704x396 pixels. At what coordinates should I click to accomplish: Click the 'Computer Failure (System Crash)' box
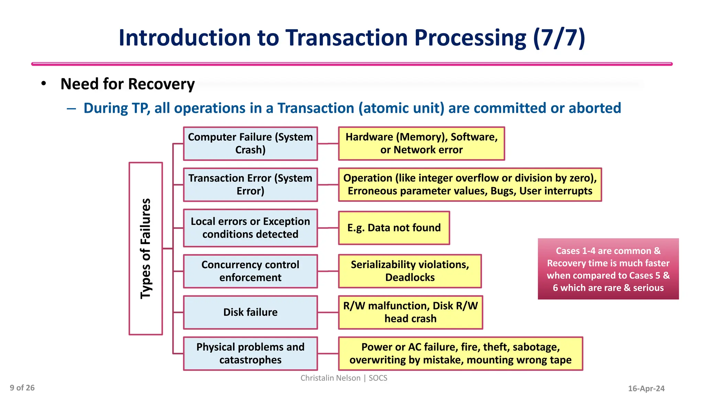point(250,143)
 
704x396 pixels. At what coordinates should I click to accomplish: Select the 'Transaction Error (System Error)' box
point(250,185)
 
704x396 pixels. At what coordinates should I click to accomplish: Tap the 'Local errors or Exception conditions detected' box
point(250,228)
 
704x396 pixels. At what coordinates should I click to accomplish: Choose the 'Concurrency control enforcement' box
point(250,271)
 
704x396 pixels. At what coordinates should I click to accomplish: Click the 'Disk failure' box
point(250,312)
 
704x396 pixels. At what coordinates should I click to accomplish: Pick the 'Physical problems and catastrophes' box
point(250,353)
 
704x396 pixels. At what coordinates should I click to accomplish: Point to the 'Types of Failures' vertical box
point(146,249)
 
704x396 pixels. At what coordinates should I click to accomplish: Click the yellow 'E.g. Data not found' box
point(394,228)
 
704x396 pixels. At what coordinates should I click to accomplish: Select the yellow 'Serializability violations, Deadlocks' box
point(410,271)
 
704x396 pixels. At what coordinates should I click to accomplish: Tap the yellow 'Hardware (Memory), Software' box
point(421,143)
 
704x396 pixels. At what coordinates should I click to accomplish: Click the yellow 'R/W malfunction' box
point(410,312)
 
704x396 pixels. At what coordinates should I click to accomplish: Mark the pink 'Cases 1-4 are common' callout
point(608,269)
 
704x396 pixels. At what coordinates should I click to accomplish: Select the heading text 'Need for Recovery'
point(128,84)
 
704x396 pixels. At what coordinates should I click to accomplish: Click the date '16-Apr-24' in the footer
point(646,388)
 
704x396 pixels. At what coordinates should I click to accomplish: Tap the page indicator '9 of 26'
point(22,388)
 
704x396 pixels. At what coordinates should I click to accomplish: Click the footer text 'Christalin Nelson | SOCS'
point(344,378)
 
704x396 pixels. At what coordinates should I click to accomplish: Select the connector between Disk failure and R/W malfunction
point(328,312)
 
